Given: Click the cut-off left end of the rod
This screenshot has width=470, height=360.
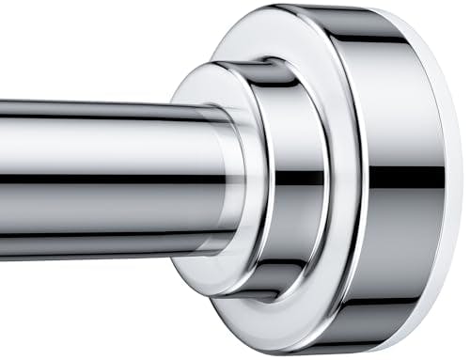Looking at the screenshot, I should (x=4, y=179).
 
